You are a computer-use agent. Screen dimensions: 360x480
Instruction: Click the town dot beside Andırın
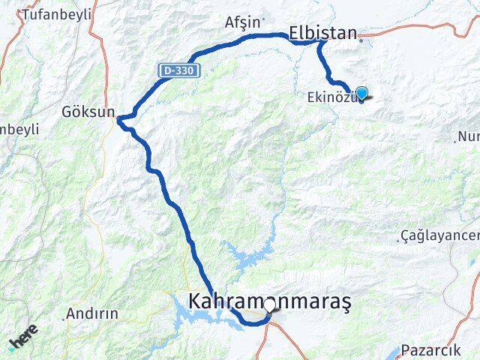pos(64,319)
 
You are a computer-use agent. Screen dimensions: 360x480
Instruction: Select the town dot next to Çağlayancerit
pos(398,241)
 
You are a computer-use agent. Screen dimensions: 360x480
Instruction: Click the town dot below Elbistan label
pos(361,41)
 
